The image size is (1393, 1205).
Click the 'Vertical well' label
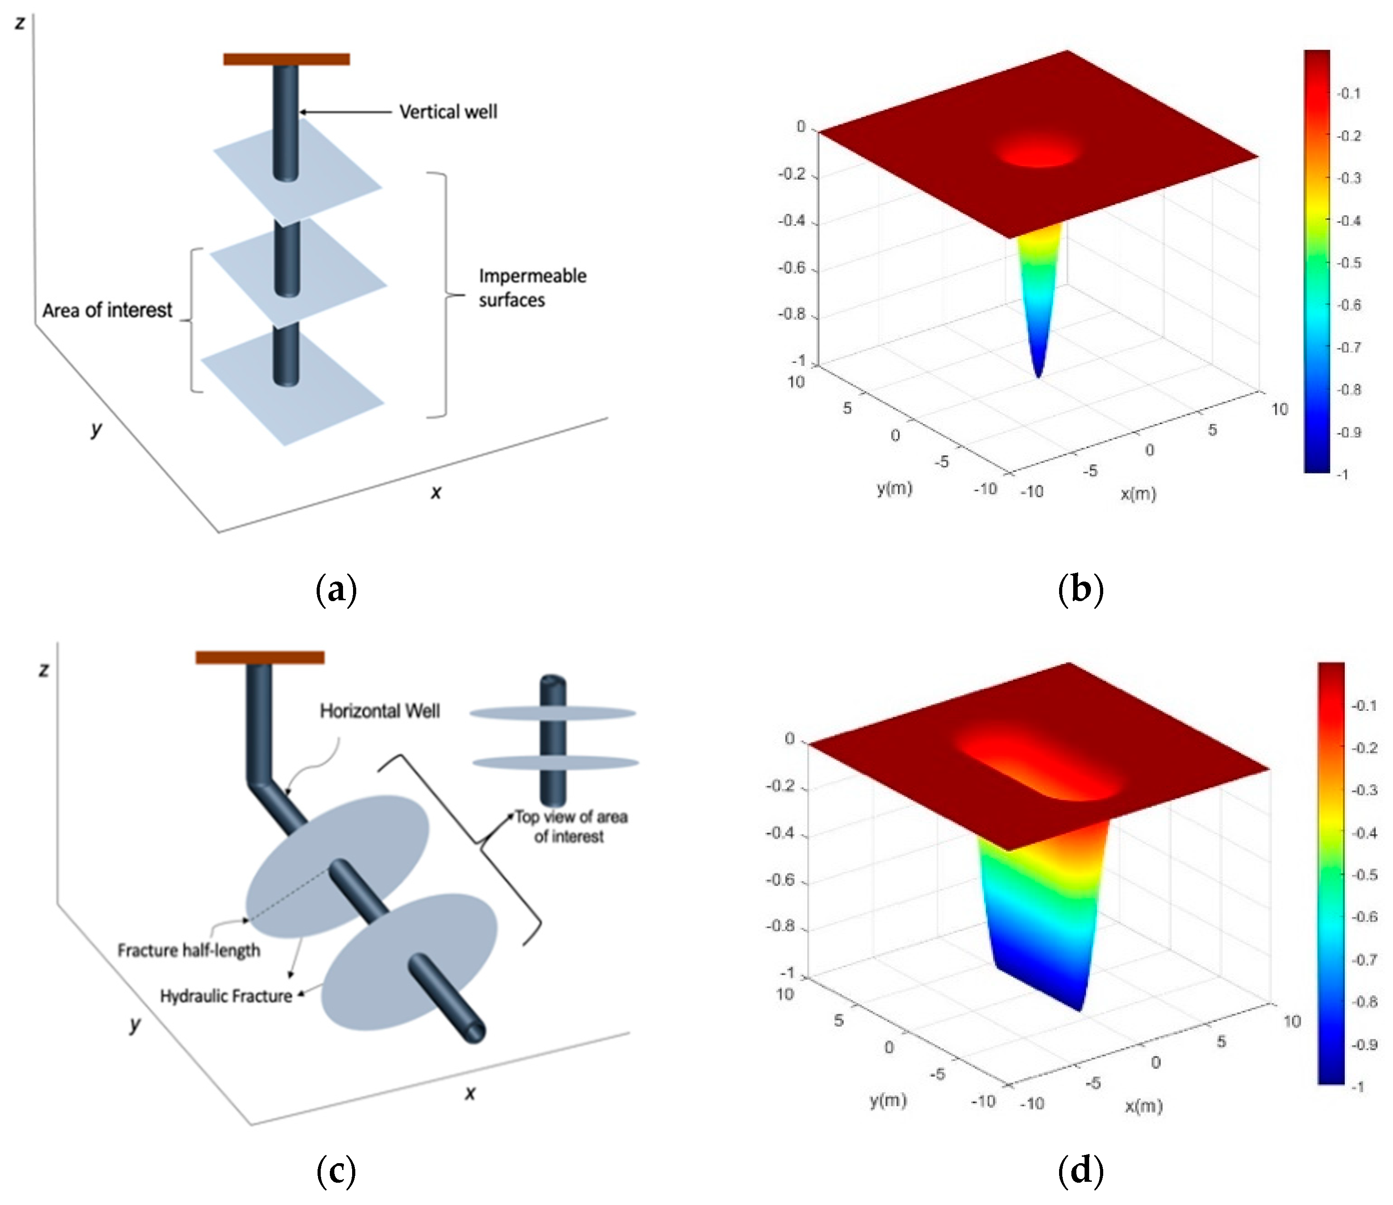[x=448, y=111]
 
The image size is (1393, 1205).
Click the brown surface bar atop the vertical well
[x=287, y=59]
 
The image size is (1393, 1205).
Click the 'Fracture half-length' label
[x=188, y=950]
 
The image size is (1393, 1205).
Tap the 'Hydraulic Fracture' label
[x=226, y=996]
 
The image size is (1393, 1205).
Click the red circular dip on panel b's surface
[x=1038, y=151]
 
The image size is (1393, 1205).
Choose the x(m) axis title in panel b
[x=1137, y=494]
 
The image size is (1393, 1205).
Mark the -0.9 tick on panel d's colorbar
[x=1364, y=1044]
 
